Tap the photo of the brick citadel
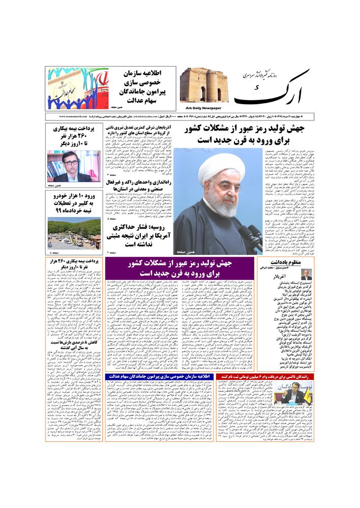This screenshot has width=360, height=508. [x=204, y=85]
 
